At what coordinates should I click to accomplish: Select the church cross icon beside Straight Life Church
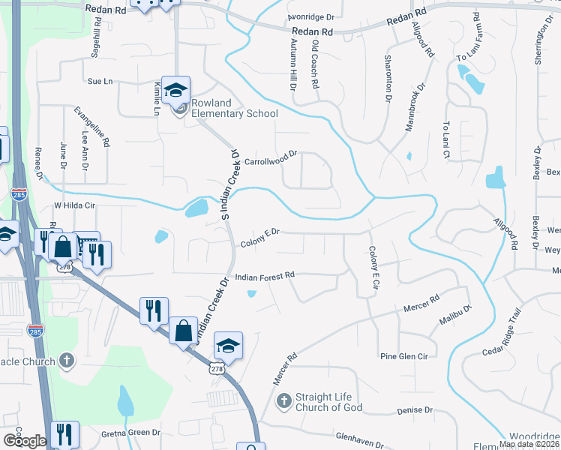[283, 401]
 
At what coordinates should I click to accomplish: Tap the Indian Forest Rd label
[265, 277]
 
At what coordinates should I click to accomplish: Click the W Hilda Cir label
[76, 204]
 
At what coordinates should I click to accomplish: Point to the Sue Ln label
[100, 81]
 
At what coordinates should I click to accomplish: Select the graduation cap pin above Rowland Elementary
[175, 91]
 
